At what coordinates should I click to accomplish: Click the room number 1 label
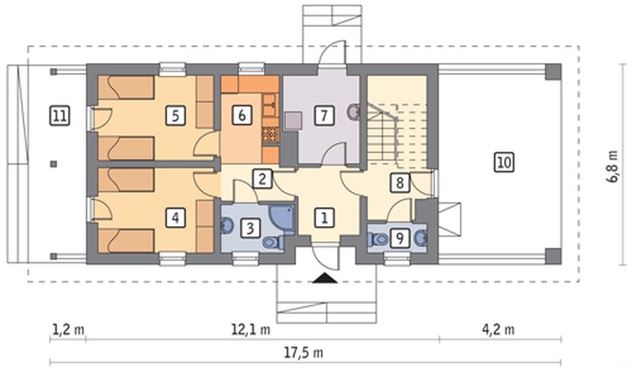(x=324, y=218)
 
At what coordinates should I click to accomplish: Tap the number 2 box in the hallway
(x=262, y=179)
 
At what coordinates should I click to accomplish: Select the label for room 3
(x=250, y=229)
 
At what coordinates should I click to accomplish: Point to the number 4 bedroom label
(x=175, y=218)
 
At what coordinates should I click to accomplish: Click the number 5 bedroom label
(x=175, y=116)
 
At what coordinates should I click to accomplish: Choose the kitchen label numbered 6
(x=242, y=115)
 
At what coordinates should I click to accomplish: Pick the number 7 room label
(x=324, y=115)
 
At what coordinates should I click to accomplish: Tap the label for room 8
(x=400, y=182)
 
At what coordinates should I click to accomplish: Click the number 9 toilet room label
(x=400, y=238)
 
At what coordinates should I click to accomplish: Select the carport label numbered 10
(x=504, y=162)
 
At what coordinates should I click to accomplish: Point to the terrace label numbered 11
(x=59, y=117)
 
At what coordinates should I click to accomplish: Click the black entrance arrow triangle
(x=325, y=278)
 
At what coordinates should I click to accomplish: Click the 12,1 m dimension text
(x=251, y=330)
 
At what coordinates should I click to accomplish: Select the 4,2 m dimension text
(x=498, y=330)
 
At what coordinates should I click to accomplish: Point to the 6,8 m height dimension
(x=613, y=166)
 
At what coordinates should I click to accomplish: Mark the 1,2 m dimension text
(x=69, y=330)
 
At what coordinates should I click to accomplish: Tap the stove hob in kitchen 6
(x=270, y=135)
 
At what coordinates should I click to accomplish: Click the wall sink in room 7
(x=353, y=112)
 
